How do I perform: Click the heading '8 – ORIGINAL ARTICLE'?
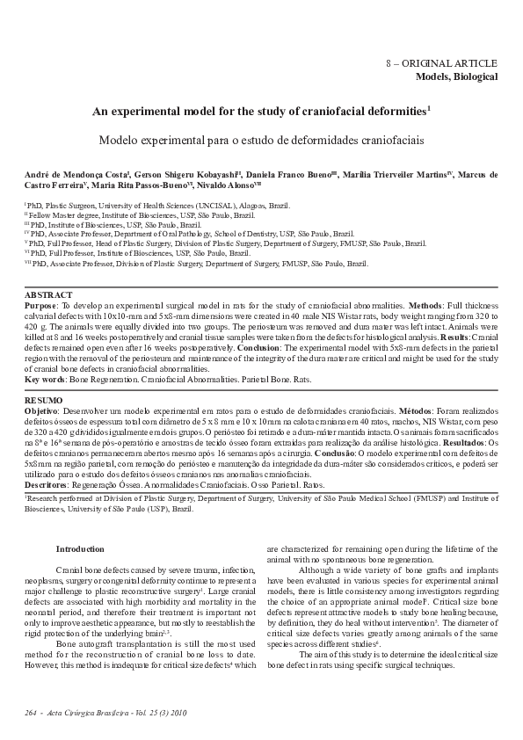click(x=442, y=64)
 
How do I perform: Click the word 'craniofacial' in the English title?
click(x=335, y=112)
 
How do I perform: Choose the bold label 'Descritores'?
click(x=48, y=484)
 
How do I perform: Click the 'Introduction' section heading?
click(x=80, y=548)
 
